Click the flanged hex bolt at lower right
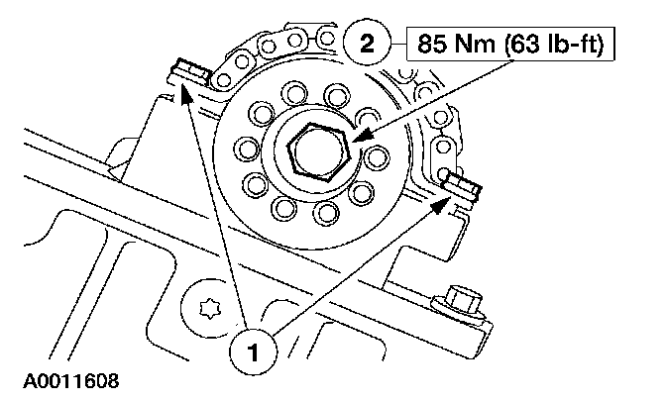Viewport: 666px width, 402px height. click(461, 300)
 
